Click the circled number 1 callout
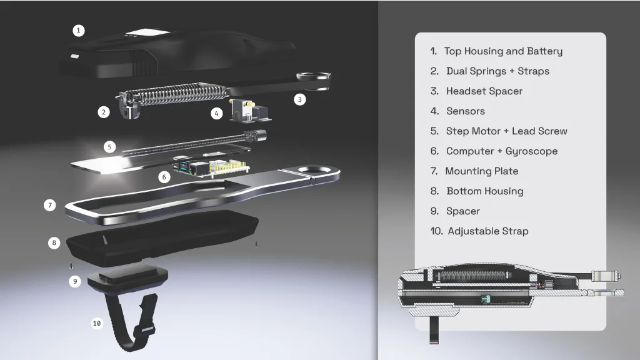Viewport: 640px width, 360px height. [78, 31]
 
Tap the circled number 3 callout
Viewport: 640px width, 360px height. [299, 99]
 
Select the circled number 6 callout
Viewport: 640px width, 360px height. [164, 177]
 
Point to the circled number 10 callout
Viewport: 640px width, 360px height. [97, 323]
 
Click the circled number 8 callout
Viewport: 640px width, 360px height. [54, 243]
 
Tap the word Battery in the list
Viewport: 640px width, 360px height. [544, 51]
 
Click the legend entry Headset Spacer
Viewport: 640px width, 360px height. [484, 91]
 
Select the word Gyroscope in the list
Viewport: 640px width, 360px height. [531, 151]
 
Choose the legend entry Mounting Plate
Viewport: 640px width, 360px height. [482, 171]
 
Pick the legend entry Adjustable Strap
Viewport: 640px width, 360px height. [488, 231]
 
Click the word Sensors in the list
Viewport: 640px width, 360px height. [465, 111]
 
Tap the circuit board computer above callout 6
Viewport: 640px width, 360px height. [211, 166]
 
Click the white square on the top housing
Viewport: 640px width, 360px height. [147, 32]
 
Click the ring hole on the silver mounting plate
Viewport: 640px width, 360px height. [314, 169]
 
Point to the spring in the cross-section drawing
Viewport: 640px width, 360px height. [474, 275]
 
